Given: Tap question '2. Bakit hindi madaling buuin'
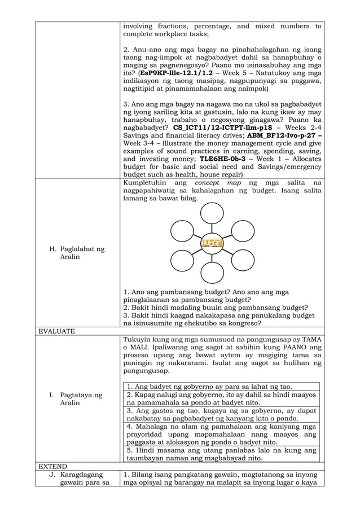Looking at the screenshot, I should click(x=216, y=308).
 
